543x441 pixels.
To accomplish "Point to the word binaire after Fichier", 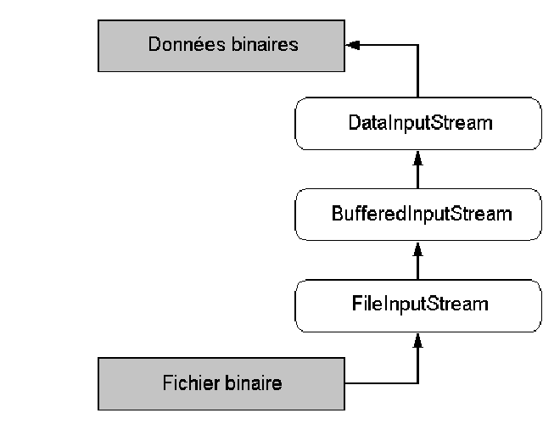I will tap(254, 383).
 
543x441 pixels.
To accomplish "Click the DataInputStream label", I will tap(420, 123).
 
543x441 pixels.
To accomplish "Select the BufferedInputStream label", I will tap(421, 214).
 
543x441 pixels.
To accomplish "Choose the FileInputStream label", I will tap(421, 303).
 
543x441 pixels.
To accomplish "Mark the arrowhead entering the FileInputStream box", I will tap(417, 338).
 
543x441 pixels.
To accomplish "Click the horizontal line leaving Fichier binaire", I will tap(382, 383).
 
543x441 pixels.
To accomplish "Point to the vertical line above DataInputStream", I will tap(417, 72).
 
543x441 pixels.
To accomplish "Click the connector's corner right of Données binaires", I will tap(417, 44).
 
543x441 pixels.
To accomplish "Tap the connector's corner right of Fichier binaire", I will tap(417, 383).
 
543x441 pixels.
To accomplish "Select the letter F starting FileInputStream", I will tap(355, 303).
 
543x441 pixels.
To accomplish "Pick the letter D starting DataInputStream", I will tap(354, 123).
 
